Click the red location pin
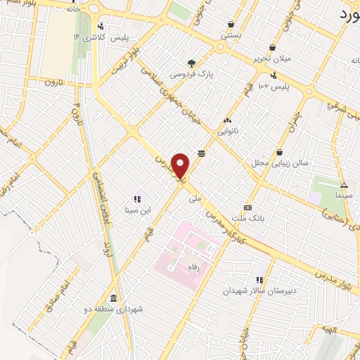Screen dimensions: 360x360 [x=181, y=166]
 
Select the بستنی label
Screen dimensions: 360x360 [x=231, y=34]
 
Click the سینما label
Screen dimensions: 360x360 [x=344, y=193]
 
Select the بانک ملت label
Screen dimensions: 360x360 [x=248, y=218]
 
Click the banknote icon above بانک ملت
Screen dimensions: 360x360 [x=247, y=207]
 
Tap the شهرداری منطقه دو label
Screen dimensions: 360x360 [x=114, y=308]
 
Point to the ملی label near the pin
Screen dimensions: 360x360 [x=195, y=199]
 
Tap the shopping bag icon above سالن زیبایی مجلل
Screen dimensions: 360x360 [x=280, y=152]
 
